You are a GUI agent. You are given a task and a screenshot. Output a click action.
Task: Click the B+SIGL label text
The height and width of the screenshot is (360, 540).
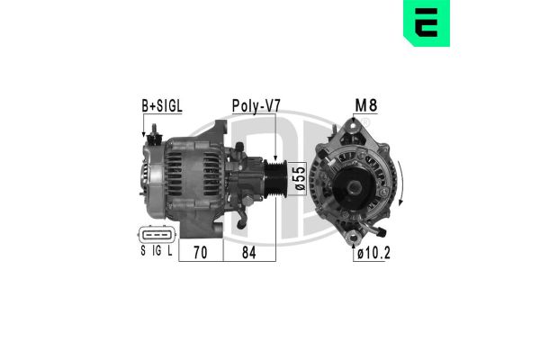click(x=161, y=106)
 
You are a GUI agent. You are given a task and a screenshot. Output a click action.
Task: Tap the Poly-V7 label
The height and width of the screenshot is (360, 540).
click(x=256, y=106)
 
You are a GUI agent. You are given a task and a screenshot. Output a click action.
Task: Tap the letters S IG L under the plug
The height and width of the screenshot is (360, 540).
click(x=155, y=253)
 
